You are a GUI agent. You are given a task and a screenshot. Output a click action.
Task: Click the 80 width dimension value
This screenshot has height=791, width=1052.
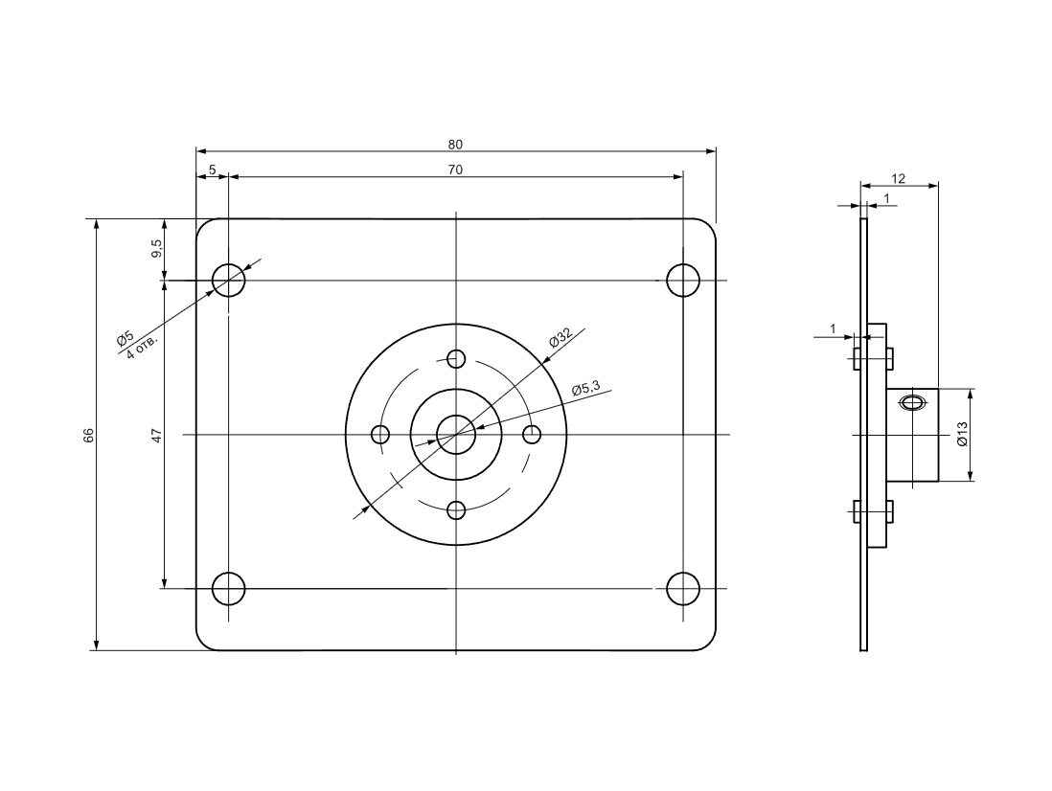(x=455, y=144)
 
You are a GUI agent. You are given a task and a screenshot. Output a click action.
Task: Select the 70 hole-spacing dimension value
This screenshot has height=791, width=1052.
(x=455, y=169)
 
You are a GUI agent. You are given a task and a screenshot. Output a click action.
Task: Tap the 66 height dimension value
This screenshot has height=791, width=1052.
(x=88, y=435)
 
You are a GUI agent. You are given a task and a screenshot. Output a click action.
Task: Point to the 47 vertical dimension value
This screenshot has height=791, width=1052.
(x=156, y=435)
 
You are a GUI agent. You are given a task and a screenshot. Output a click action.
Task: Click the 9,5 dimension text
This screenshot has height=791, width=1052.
(x=156, y=249)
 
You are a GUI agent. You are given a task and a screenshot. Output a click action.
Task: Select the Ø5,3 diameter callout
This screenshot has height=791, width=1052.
(x=585, y=388)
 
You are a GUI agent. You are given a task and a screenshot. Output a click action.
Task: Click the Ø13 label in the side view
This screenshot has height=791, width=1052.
(x=962, y=435)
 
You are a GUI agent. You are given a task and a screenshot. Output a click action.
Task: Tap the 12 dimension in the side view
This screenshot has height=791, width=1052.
(x=899, y=178)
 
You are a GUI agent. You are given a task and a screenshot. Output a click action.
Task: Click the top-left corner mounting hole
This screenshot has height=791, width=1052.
(x=229, y=281)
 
